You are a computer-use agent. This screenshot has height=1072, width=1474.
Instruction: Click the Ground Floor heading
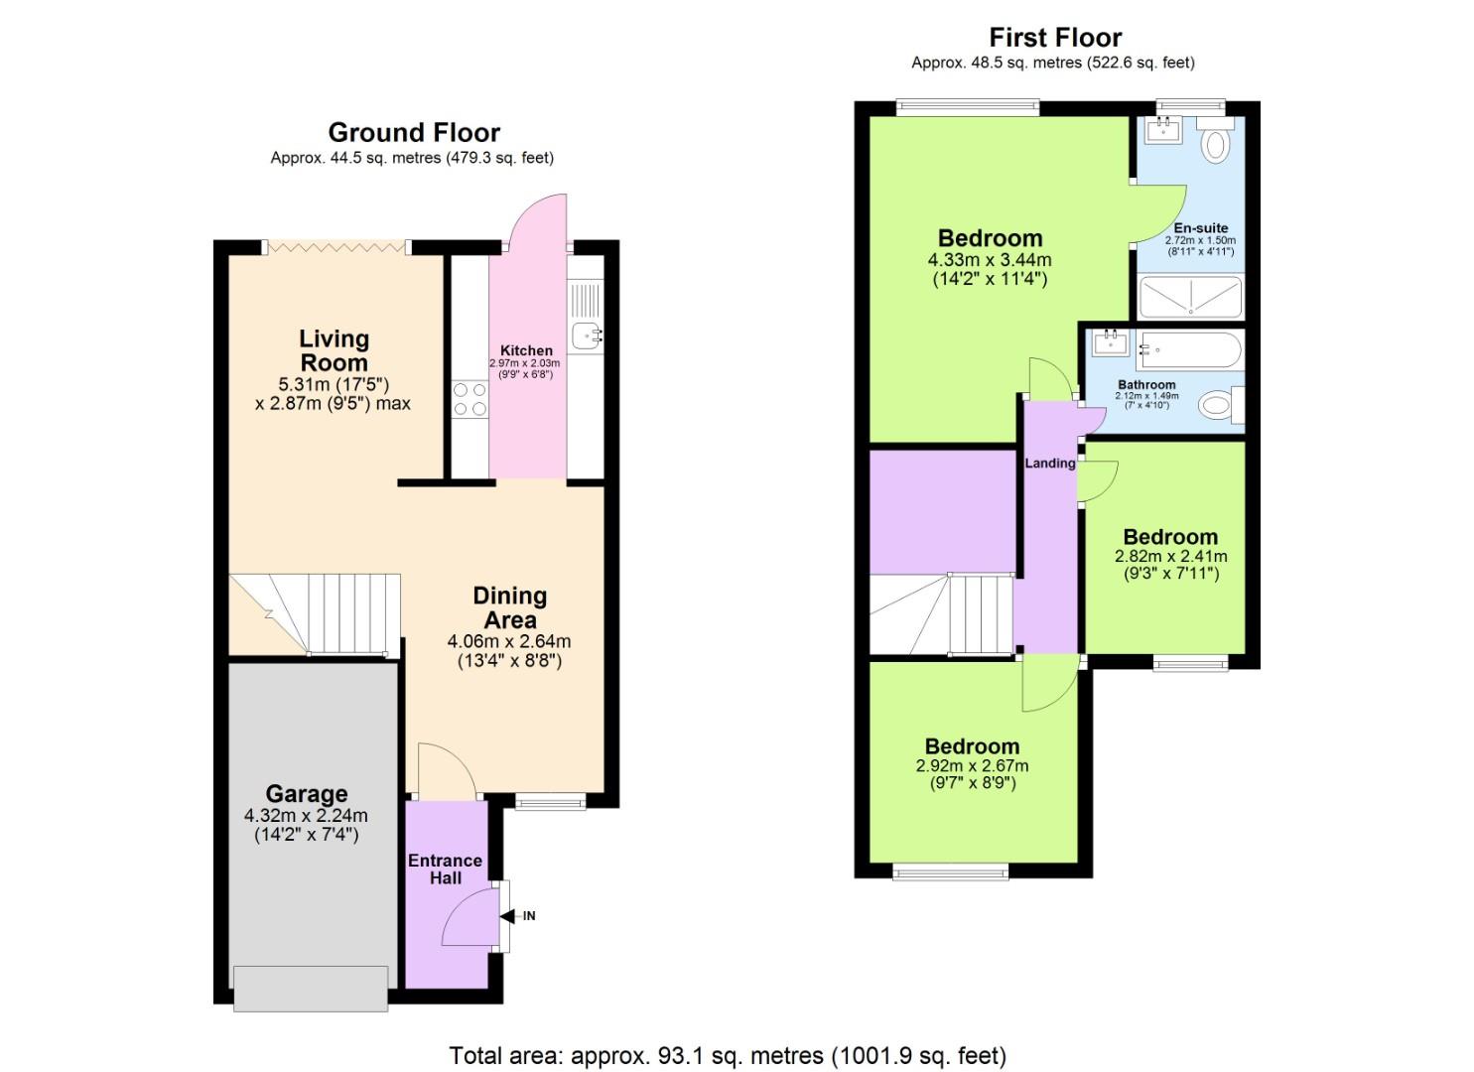[413, 132]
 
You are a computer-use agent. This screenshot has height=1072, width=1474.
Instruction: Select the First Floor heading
[1054, 38]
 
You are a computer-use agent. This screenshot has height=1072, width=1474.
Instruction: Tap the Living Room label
[335, 350]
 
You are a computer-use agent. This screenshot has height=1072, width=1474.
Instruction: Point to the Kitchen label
[526, 350]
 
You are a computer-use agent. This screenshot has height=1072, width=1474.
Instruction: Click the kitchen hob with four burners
[469, 398]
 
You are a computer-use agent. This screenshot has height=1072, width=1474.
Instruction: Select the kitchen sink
[584, 335]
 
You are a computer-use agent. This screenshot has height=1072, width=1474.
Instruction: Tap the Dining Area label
[509, 607]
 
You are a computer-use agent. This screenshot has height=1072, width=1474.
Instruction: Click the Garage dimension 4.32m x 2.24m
[306, 816]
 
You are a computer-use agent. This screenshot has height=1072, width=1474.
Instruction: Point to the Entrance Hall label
[445, 869]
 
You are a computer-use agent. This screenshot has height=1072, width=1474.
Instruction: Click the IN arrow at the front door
[521, 916]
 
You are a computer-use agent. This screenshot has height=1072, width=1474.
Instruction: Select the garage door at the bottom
[311, 989]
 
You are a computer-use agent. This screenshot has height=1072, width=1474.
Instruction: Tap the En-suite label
[1200, 227]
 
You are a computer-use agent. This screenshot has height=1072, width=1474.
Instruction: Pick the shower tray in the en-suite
[1189, 297]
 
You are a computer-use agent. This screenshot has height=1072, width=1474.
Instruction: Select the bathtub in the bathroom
[1188, 350]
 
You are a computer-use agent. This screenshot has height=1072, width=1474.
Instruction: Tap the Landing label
[1049, 463]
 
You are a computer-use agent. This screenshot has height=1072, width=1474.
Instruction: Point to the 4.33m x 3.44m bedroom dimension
[989, 260]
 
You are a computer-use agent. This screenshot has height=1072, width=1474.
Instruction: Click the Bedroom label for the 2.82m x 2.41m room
[1170, 537]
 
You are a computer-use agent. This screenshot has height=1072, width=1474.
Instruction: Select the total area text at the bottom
[728, 1055]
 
